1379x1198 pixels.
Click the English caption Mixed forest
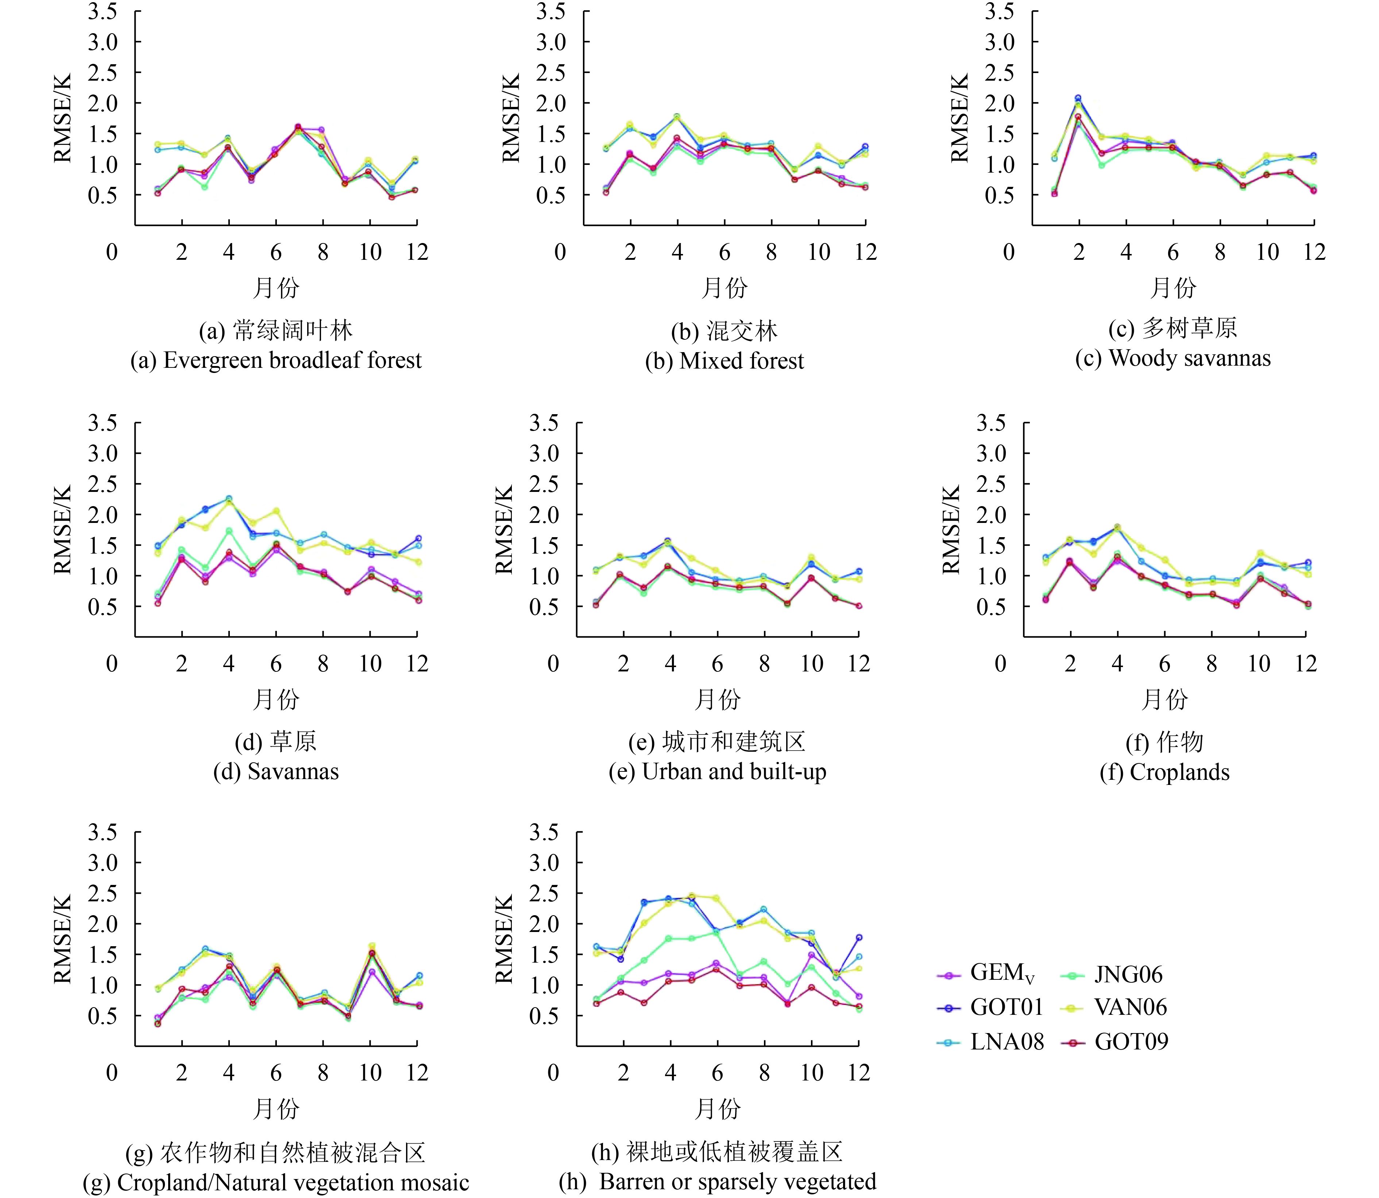(724, 361)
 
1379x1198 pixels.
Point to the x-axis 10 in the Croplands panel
(1259, 664)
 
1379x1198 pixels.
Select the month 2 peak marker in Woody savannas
(1078, 99)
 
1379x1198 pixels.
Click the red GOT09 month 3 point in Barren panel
(644, 1003)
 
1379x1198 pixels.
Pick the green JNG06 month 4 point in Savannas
(229, 531)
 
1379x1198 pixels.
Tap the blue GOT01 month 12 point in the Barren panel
(859, 938)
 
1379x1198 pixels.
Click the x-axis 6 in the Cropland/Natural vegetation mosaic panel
(275, 1073)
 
